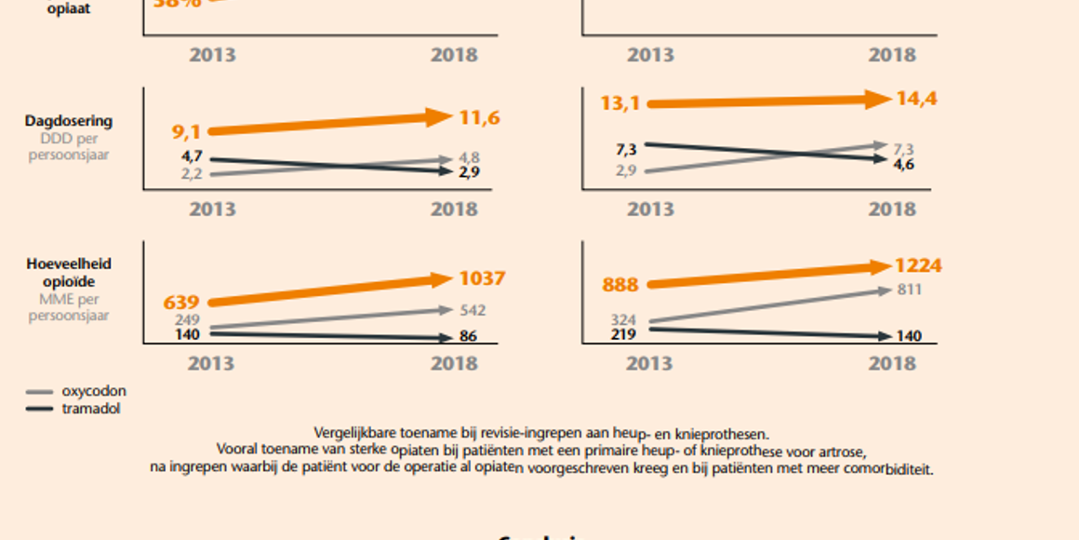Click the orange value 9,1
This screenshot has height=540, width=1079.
click(186, 133)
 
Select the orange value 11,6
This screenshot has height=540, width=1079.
click(480, 117)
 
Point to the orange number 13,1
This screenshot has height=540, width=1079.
click(620, 103)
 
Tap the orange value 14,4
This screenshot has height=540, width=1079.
click(916, 98)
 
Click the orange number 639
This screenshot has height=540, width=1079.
click(181, 303)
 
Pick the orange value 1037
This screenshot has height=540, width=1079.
click(482, 278)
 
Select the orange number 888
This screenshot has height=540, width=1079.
click(619, 285)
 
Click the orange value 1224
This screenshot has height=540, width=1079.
click(918, 266)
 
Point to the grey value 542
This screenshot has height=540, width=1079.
click(472, 311)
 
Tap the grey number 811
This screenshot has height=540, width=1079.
click(908, 290)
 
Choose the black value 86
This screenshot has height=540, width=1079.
click(468, 336)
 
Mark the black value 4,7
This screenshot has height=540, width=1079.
click(192, 156)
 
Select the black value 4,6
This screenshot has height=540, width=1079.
click(904, 165)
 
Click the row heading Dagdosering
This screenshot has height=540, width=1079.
click(69, 121)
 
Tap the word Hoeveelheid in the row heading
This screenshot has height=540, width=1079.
click(69, 264)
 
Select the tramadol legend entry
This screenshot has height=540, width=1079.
click(90, 409)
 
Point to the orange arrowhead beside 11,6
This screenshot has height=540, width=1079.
click(439, 117)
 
